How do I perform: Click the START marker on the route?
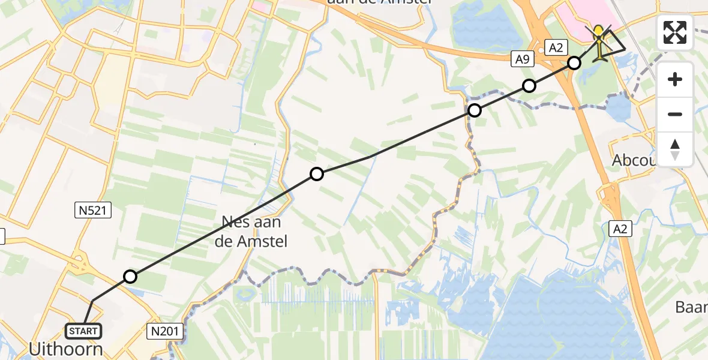point(83,331)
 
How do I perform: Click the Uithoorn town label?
point(66,349)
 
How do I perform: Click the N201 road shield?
point(163,329)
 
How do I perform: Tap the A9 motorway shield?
point(521,58)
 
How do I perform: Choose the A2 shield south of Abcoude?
point(621,228)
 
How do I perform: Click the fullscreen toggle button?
point(675,32)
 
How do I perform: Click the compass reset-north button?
point(675,149)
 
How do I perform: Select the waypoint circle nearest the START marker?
point(130,277)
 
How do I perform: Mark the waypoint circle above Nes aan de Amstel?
point(317,174)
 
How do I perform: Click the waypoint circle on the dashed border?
point(475,110)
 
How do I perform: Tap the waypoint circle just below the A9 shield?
point(529,86)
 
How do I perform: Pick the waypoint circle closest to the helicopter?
point(574,63)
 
